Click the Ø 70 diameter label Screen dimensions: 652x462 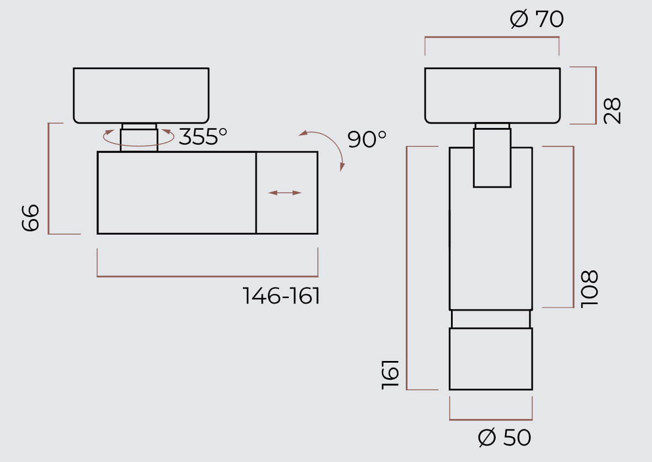tap(537, 19)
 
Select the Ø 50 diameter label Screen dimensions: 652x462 tap(505, 437)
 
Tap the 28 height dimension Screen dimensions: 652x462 tap(612, 110)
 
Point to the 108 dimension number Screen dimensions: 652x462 tap(589, 289)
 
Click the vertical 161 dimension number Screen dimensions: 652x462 tap(390, 375)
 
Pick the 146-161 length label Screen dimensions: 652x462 tap(281, 296)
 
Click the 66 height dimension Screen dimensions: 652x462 tap(30, 217)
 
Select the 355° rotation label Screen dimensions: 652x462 tap(203, 136)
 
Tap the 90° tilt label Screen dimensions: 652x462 tap(367, 139)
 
